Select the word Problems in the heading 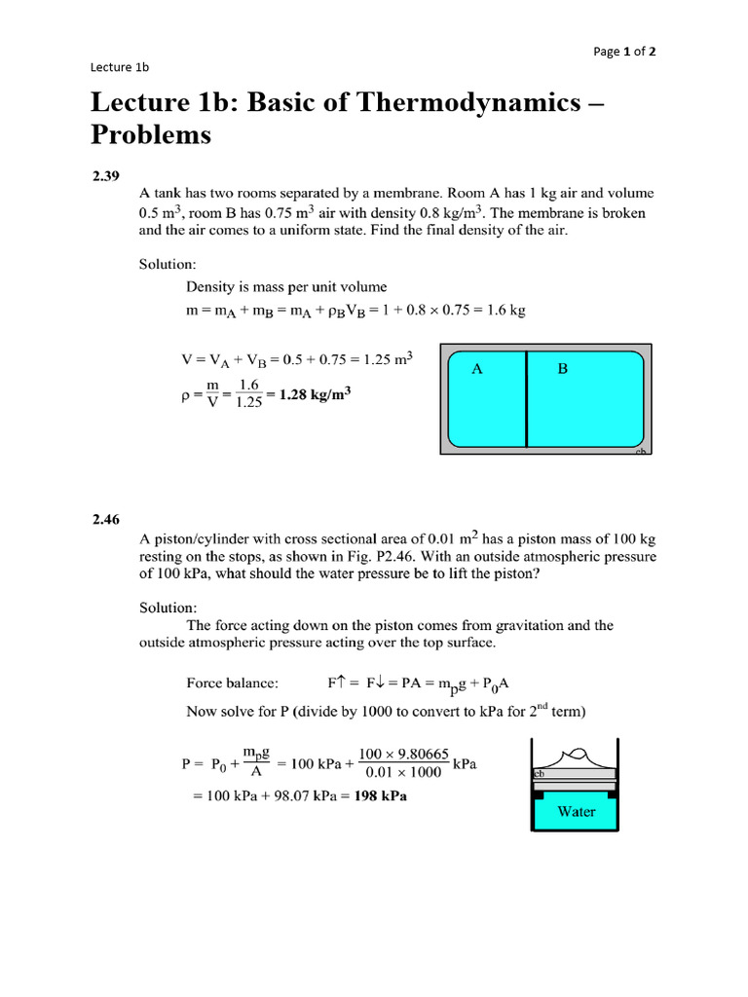click(x=150, y=134)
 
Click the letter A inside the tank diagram click(x=477, y=369)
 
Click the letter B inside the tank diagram click(x=562, y=369)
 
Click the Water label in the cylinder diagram click(x=577, y=811)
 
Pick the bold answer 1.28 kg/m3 click(x=316, y=394)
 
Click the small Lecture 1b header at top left click(x=119, y=67)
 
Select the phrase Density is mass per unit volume click(x=286, y=286)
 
